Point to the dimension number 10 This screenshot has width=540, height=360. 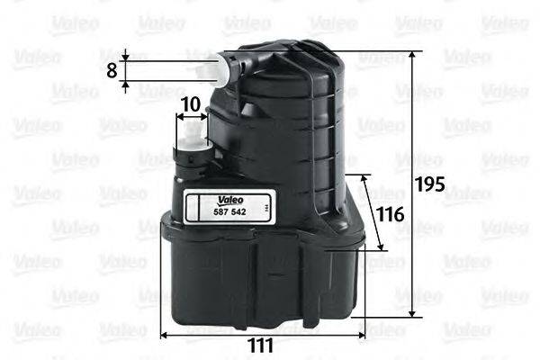(x=189, y=104)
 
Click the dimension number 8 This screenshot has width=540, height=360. (x=111, y=69)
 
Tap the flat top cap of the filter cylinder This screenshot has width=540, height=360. (x=288, y=56)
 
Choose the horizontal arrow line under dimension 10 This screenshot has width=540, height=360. (x=190, y=118)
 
